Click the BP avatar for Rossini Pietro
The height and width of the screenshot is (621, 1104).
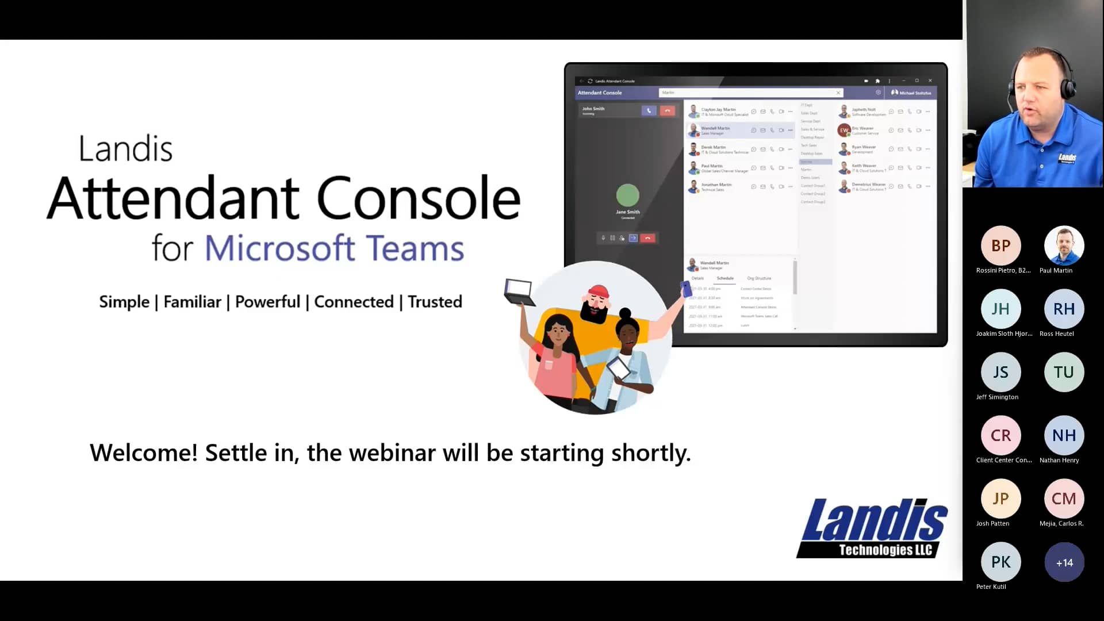point(1000,246)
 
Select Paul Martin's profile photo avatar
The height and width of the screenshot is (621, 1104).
point(1064,246)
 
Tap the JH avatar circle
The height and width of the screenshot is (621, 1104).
point(1000,309)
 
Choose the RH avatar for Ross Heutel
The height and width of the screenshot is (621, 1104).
point(1064,309)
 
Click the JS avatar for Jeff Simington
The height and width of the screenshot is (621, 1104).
point(1000,372)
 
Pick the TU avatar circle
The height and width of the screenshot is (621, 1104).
point(1064,372)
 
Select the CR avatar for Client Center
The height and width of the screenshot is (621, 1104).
point(1000,435)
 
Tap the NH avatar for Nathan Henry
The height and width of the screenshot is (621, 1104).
point(1064,435)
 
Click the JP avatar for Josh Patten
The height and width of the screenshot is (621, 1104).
point(1000,499)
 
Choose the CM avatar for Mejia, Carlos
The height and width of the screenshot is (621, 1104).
point(1064,499)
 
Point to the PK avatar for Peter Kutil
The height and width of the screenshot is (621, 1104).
point(1000,562)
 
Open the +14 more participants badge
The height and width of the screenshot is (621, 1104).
point(1064,562)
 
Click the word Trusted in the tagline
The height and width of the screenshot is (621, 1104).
point(435,302)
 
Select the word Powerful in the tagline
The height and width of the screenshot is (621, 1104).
point(267,302)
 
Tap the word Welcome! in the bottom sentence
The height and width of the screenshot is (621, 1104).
point(144,453)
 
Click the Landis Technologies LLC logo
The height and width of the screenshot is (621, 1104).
point(872,528)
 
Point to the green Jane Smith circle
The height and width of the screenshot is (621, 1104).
point(627,195)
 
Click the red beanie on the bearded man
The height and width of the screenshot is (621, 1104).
point(598,292)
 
